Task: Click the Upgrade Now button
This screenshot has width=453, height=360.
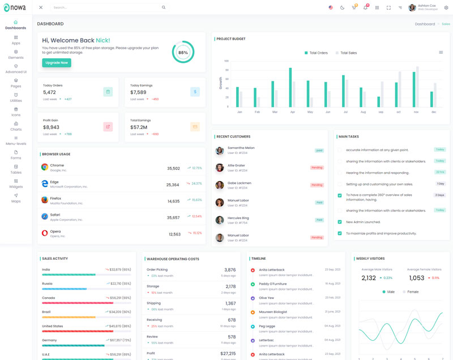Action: [57, 63]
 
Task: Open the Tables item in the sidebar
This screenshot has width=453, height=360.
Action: [16, 169]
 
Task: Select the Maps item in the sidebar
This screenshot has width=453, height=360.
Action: [16, 198]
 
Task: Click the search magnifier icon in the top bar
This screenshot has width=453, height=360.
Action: [164, 7]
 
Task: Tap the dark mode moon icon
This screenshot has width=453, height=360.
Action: [342, 7]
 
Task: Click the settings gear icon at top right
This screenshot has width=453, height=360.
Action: [446, 7]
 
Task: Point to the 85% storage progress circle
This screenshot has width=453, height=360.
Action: [183, 53]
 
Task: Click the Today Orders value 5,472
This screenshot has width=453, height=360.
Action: [49, 92]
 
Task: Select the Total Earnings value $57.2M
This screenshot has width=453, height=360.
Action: [139, 127]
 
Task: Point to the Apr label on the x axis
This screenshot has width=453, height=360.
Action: [292, 112]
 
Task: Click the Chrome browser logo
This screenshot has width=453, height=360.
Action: [45, 168]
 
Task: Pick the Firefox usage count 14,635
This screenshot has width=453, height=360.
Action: [173, 201]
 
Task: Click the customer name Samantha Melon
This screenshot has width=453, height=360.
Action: [241, 148]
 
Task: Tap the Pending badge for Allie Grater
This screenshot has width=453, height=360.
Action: [317, 168]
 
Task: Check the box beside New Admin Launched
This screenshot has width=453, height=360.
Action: [340, 222]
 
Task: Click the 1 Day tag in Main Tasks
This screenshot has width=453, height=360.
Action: [440, 184]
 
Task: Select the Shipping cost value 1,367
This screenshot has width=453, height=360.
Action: [230, 303]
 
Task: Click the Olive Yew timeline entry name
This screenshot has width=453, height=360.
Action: [267, 298]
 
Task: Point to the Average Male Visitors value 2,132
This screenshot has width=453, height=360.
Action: [369, 278]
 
